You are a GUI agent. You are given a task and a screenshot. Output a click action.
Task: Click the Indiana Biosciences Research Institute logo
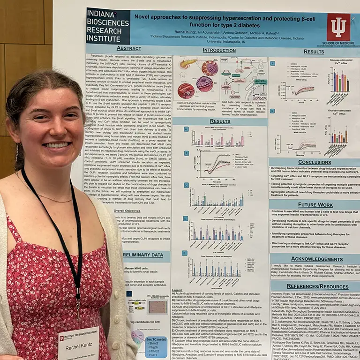(x=108, y=26)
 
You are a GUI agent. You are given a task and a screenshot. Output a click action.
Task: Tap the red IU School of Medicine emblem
(x=338, y=28)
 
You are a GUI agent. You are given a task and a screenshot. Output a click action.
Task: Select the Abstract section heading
(x=128, y=48)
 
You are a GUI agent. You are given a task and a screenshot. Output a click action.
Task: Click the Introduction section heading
(x=219, y=50)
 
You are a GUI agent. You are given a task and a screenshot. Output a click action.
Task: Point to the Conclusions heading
(x=314, y=162)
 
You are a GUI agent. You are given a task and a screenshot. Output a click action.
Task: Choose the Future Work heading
(x=315, y=205)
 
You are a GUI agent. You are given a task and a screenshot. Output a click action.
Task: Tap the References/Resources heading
(x=315, y=285)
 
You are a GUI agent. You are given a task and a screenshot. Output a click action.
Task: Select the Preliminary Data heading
(x=146, y=255)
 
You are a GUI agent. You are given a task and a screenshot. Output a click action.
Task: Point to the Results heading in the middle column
(x=219, y=121)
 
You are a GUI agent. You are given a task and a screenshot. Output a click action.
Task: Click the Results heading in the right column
(x=314, y=52)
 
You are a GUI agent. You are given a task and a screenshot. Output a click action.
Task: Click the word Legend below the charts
(x=178, y=291)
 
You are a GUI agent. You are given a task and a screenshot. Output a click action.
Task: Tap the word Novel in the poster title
(x=144, y=16)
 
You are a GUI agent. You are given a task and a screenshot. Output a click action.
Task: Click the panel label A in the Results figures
(x=186, y=129)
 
